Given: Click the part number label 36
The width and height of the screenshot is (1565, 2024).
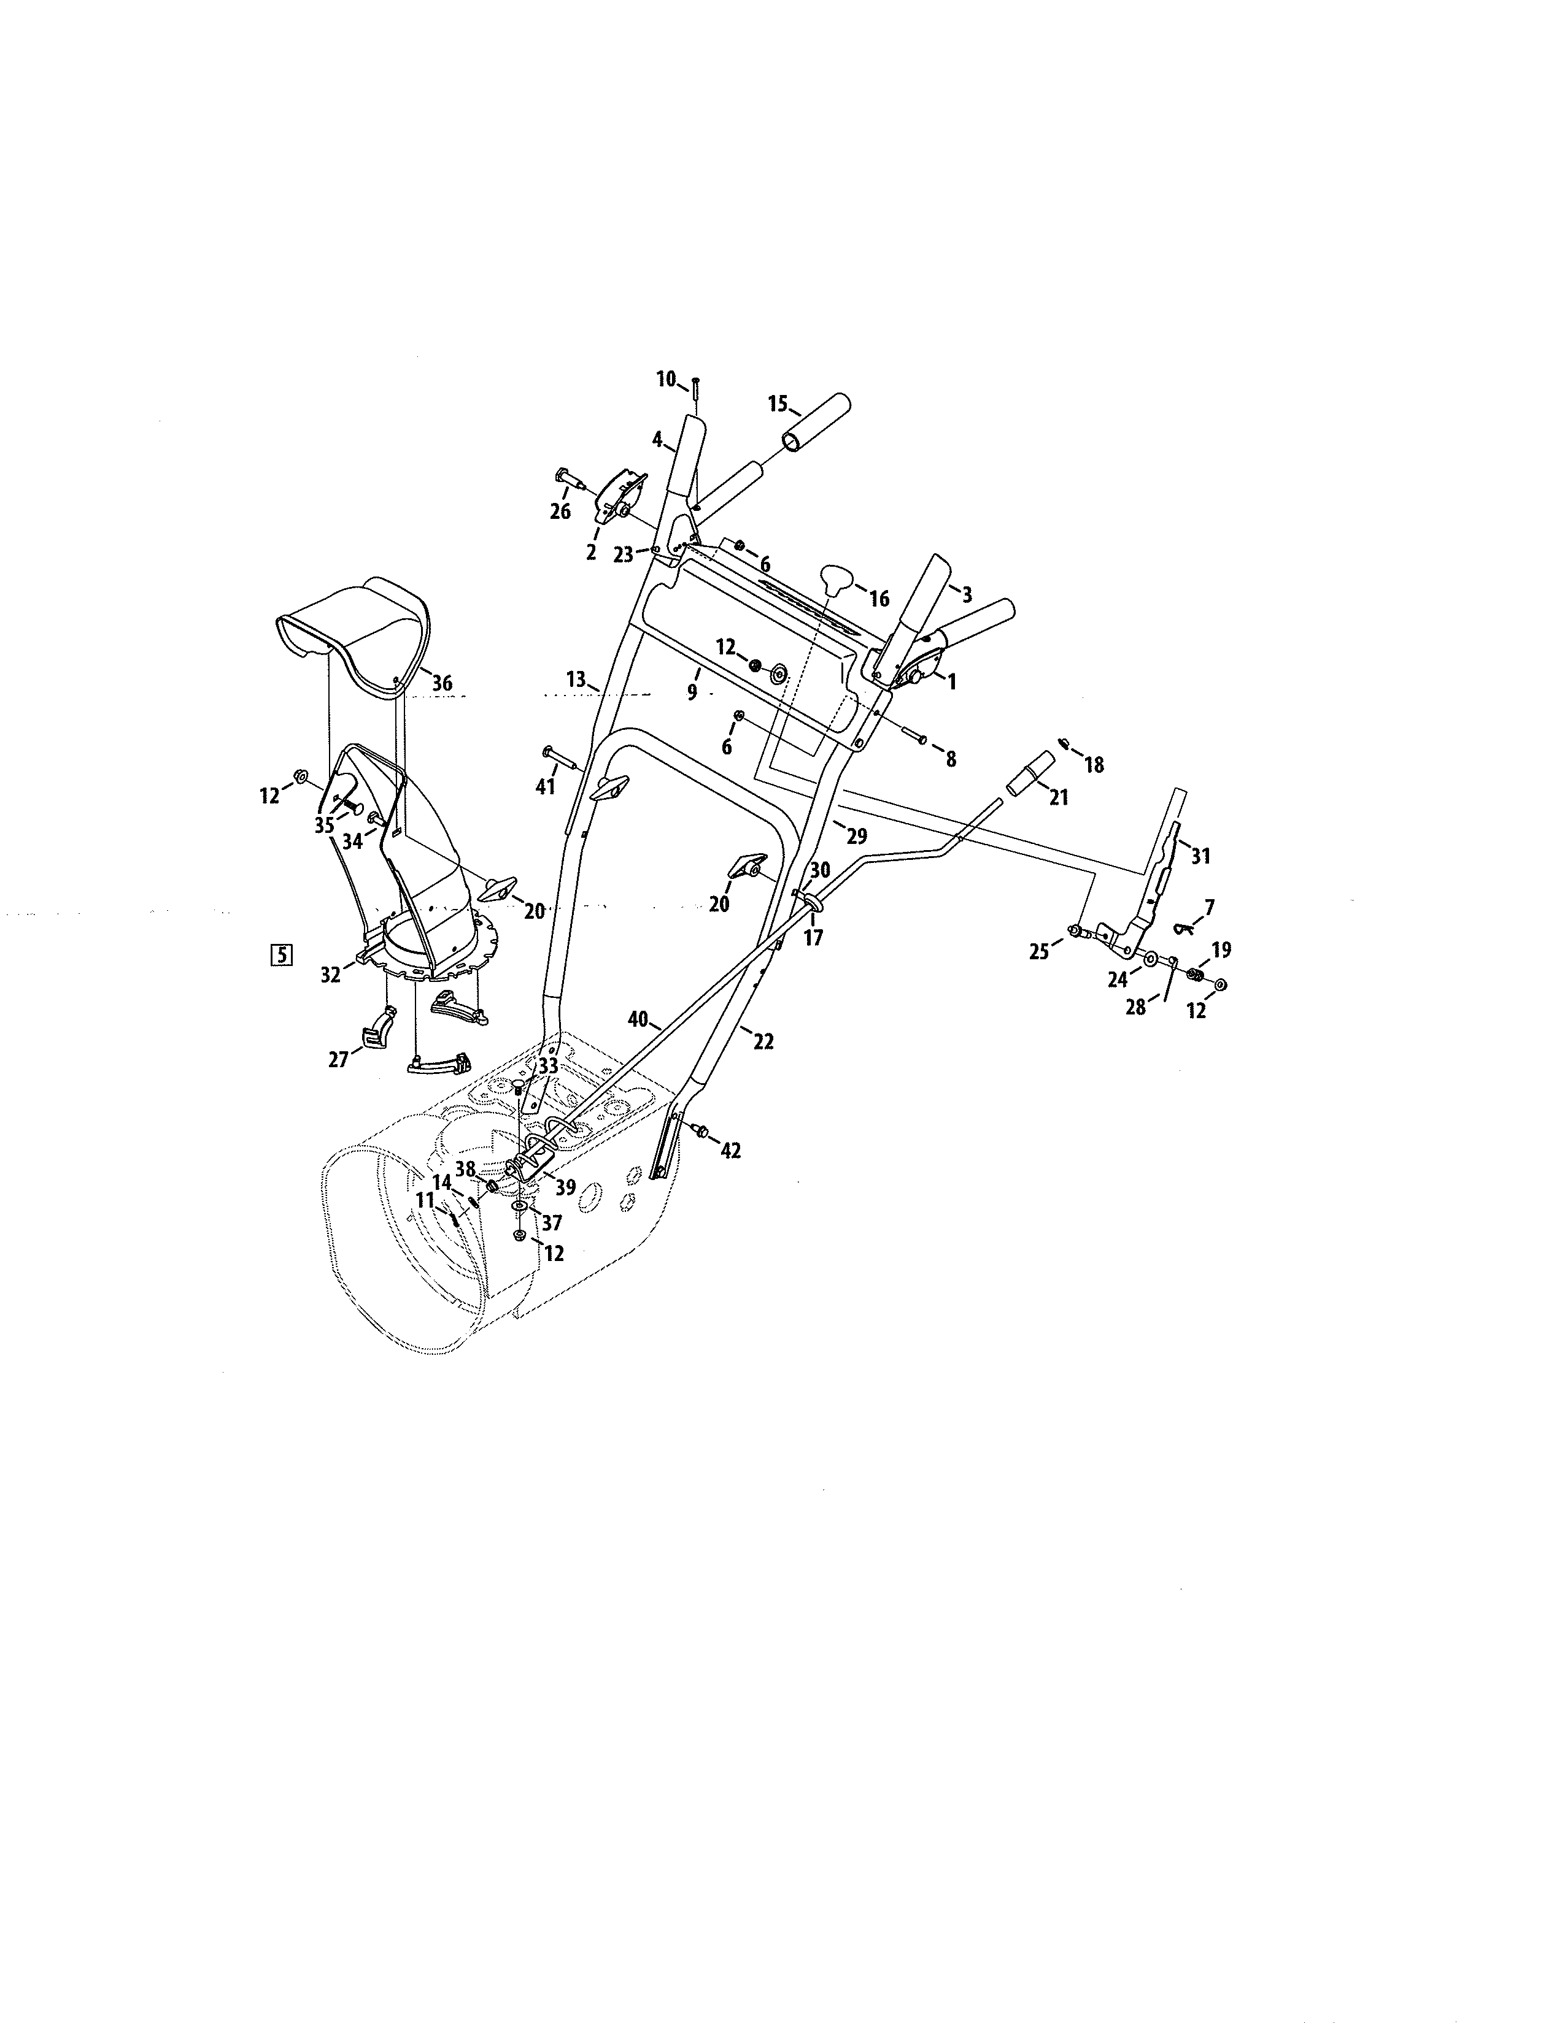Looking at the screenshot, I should point(442,684).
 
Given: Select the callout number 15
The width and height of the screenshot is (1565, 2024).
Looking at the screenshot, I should point(778,404).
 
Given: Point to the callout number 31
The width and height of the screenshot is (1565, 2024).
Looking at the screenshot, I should point(1200,856).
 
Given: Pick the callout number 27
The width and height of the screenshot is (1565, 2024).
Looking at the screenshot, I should point(338,1059).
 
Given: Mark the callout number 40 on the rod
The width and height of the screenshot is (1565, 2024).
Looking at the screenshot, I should point(638,1019).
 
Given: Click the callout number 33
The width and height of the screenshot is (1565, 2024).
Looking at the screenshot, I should point(548,1066).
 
